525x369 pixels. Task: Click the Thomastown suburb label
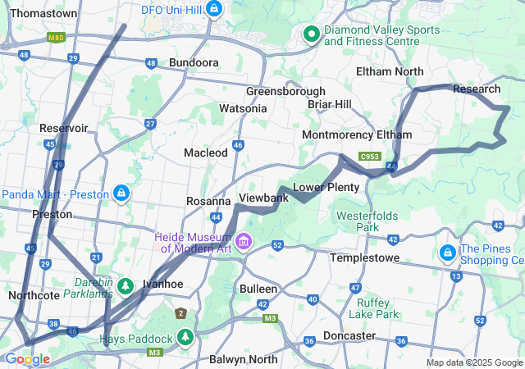tap(43, 14)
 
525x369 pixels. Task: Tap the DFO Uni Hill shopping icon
tap(214, 9)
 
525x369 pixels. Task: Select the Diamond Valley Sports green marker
tap(311, 34)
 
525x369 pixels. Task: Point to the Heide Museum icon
tap(244, 242)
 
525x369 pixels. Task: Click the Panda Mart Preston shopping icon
tap(121, 194)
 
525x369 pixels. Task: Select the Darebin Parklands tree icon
tap(125, 286)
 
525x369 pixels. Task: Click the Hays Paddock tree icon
tap(186, 338)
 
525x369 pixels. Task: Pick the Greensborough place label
tap(285, 91)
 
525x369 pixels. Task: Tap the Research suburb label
tap(476, 89)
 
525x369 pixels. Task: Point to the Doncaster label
tap(349, 335)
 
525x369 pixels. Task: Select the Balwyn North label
tap(244, 358)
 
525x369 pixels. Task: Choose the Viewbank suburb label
tap(263, 198)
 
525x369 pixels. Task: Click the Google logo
tap(26, 359)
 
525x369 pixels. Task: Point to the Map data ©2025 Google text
tap(474, 362)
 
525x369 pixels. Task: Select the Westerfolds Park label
tap(367, 221)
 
